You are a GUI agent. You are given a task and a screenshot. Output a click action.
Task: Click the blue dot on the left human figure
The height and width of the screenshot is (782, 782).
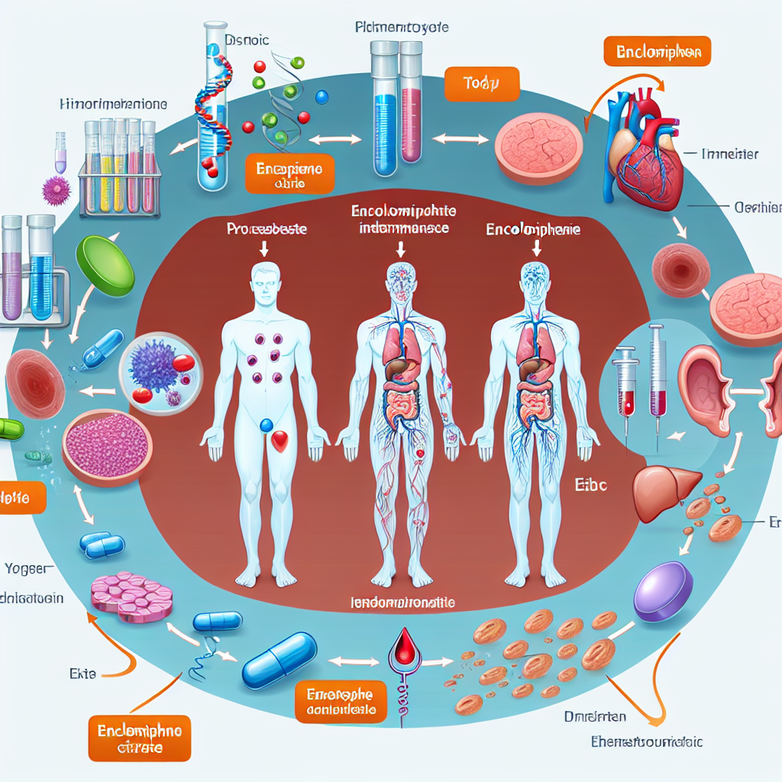[x=267, y=425]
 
